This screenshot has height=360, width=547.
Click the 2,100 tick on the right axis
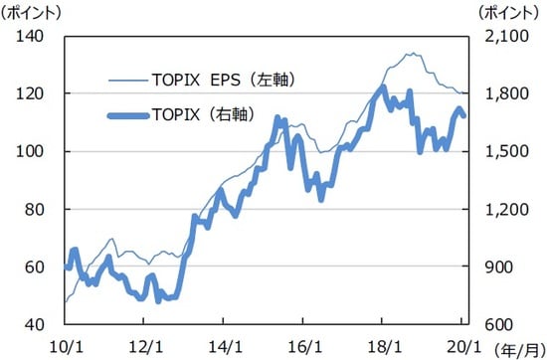[x=503, y=37]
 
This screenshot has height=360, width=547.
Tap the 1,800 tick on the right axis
[x=503, y=93]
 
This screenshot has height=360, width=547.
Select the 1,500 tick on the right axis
[x=503, y=151]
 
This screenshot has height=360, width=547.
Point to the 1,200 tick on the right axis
[x=503, y=209]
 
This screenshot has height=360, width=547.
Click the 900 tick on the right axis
[x=497, y=267]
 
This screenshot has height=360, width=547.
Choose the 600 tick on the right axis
[x=497, y=324]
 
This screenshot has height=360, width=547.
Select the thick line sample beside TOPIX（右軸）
[x=126, y=115]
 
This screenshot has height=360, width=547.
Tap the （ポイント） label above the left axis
[x=33, y=12]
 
